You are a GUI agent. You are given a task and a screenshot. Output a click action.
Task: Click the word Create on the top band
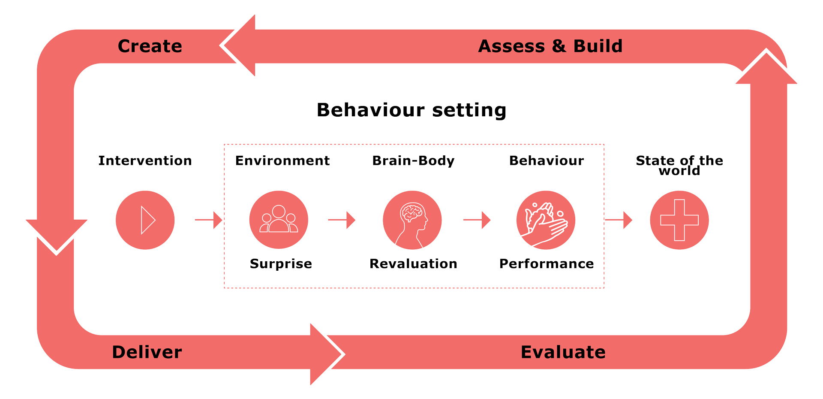pyautogui.click(x=150, y=46)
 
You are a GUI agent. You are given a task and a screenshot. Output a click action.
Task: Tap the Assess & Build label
pyautogui.click(x=550, y=46)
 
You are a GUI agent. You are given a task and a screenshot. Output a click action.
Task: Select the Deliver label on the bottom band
pyautogui.click(x=147, y=352)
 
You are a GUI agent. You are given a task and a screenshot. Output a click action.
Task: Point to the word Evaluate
pyautogui.click(x=563, y=352)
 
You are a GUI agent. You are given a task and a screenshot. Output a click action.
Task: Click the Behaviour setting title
pyautogui.click(x=411, y=110)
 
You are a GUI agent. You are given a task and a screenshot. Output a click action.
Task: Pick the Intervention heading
pyautogui.click(x=145, y=160)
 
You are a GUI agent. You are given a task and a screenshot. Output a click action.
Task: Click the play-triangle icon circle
pyautogui.click(x=145, y=220)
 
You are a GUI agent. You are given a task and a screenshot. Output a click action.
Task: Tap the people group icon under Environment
pyautogui.click(x=279, y=220)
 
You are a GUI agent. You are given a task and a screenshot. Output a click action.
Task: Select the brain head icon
pyautogui.click(x=412, y=220)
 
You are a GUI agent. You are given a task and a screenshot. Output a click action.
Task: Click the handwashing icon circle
pyautogui.click(x=546, y=220)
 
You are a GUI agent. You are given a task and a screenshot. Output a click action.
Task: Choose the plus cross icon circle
pyautogui.click(x=679, y=220)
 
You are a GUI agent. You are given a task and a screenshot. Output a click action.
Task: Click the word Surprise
pyautogui.click(x=281, y=263)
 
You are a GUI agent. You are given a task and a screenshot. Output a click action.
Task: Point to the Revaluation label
pyautogui.click(x=413, y=263)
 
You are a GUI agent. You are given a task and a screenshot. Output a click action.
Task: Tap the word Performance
pyautogui.click(x=547, y=263)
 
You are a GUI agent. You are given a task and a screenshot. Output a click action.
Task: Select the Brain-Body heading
pyautogui.click(x=413, y=160)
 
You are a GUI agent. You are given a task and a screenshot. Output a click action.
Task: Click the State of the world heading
pyautogui.click(x=679, y=165)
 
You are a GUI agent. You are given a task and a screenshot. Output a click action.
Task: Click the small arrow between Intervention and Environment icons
pyautogui.click(x=209, y=220)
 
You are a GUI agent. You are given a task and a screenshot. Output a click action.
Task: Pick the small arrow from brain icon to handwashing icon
pyautogui.click(x=477, y=220)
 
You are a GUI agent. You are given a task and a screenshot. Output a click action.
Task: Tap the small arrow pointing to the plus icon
pyautogui.click(x=619, y=220)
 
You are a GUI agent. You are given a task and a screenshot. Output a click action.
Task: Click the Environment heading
pyautogui.click(x=282, y=160)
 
